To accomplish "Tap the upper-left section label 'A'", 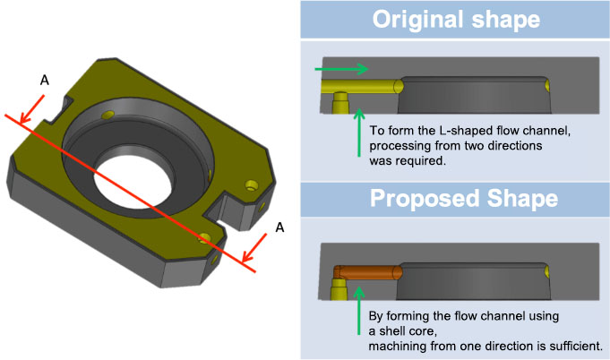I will (45, 81).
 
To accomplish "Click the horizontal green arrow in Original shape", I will (341, 69).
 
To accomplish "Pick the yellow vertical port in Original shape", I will (339, 106).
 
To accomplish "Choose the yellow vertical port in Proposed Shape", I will (339, 288).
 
